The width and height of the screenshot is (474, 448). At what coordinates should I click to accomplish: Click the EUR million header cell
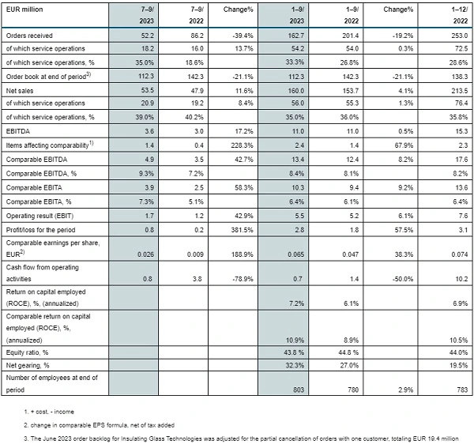coord(24,9)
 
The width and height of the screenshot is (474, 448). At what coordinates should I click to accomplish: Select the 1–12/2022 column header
coord(460,15)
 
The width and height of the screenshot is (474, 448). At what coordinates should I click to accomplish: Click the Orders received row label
coord(29,36)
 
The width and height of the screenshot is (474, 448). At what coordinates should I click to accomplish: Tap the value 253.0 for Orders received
coord(460,36)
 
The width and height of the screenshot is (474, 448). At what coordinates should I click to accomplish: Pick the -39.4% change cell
coord(243,36)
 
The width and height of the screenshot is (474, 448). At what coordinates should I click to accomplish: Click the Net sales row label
coord(20,91)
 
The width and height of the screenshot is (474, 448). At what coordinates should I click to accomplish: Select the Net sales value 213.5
coord(460,91)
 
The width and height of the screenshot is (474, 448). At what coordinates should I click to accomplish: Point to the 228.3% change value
coord(243,145)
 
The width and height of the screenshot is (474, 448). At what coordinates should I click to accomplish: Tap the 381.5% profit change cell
coord(243,230)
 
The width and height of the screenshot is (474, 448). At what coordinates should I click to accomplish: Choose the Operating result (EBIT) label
coord(39,216)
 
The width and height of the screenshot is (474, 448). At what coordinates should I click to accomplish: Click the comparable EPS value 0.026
coord(145,254)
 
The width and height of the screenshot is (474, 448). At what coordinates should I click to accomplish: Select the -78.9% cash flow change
coord(243,279)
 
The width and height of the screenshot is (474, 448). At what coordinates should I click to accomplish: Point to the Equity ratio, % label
coord(27,352)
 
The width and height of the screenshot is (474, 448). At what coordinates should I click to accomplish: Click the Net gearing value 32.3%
coord(295,365)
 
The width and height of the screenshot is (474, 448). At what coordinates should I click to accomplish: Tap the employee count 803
coord(299,390)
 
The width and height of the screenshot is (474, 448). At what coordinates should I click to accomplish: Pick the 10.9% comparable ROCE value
coord(295,340)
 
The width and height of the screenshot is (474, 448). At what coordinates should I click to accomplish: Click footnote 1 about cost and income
coord(49,412)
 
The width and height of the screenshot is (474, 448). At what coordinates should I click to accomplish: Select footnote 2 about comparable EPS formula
coord(100,425)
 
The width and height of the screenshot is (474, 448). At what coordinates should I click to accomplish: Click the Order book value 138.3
coord(460,77)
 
